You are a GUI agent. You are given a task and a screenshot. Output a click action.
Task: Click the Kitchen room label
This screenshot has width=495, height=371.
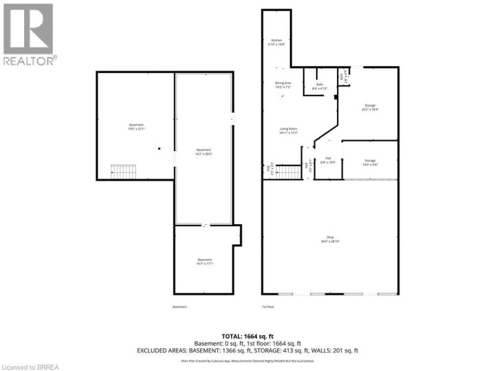pos(276,43)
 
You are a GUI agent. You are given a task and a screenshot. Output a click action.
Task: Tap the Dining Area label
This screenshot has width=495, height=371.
pos(283,85)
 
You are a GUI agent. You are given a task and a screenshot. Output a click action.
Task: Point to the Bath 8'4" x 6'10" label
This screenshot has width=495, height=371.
pos(319,87)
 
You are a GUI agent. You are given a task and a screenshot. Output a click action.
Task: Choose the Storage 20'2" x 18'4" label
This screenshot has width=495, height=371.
pos(370,107)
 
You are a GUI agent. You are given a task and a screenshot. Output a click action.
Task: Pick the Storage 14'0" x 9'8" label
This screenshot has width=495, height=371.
pos(370,162)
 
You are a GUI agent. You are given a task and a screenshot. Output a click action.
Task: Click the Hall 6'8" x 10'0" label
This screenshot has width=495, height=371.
pos(329,160)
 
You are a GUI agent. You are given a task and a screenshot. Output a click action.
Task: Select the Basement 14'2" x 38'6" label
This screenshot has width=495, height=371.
pos(203,152)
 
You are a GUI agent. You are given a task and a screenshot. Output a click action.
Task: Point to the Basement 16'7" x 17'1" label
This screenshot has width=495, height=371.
pos(203,261)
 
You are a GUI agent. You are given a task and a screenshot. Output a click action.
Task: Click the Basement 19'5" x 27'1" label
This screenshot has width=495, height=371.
pos(135,126)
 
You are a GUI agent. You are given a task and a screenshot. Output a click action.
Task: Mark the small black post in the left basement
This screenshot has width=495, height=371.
pos(159,148)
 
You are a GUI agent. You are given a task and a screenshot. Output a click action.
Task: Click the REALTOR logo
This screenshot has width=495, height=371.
pos(29,34)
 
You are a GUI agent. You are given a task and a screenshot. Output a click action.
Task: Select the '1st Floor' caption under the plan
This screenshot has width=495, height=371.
pos(267,306)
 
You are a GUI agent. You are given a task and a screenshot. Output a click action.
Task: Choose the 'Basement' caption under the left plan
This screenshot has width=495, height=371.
pos(179,306)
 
